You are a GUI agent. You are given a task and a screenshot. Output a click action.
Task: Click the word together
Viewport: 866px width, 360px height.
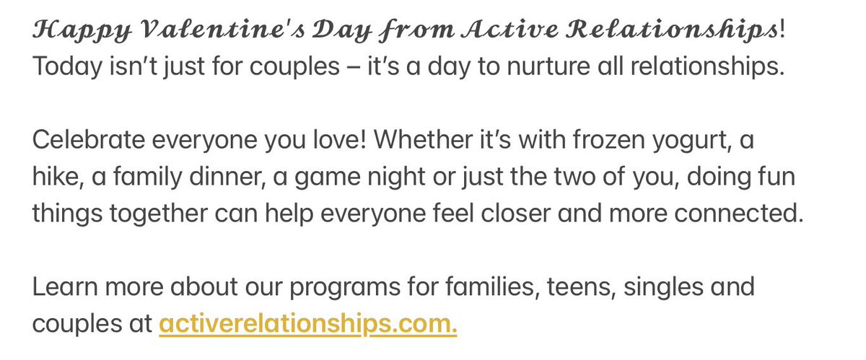pyautogui.click(x=160, y=216)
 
